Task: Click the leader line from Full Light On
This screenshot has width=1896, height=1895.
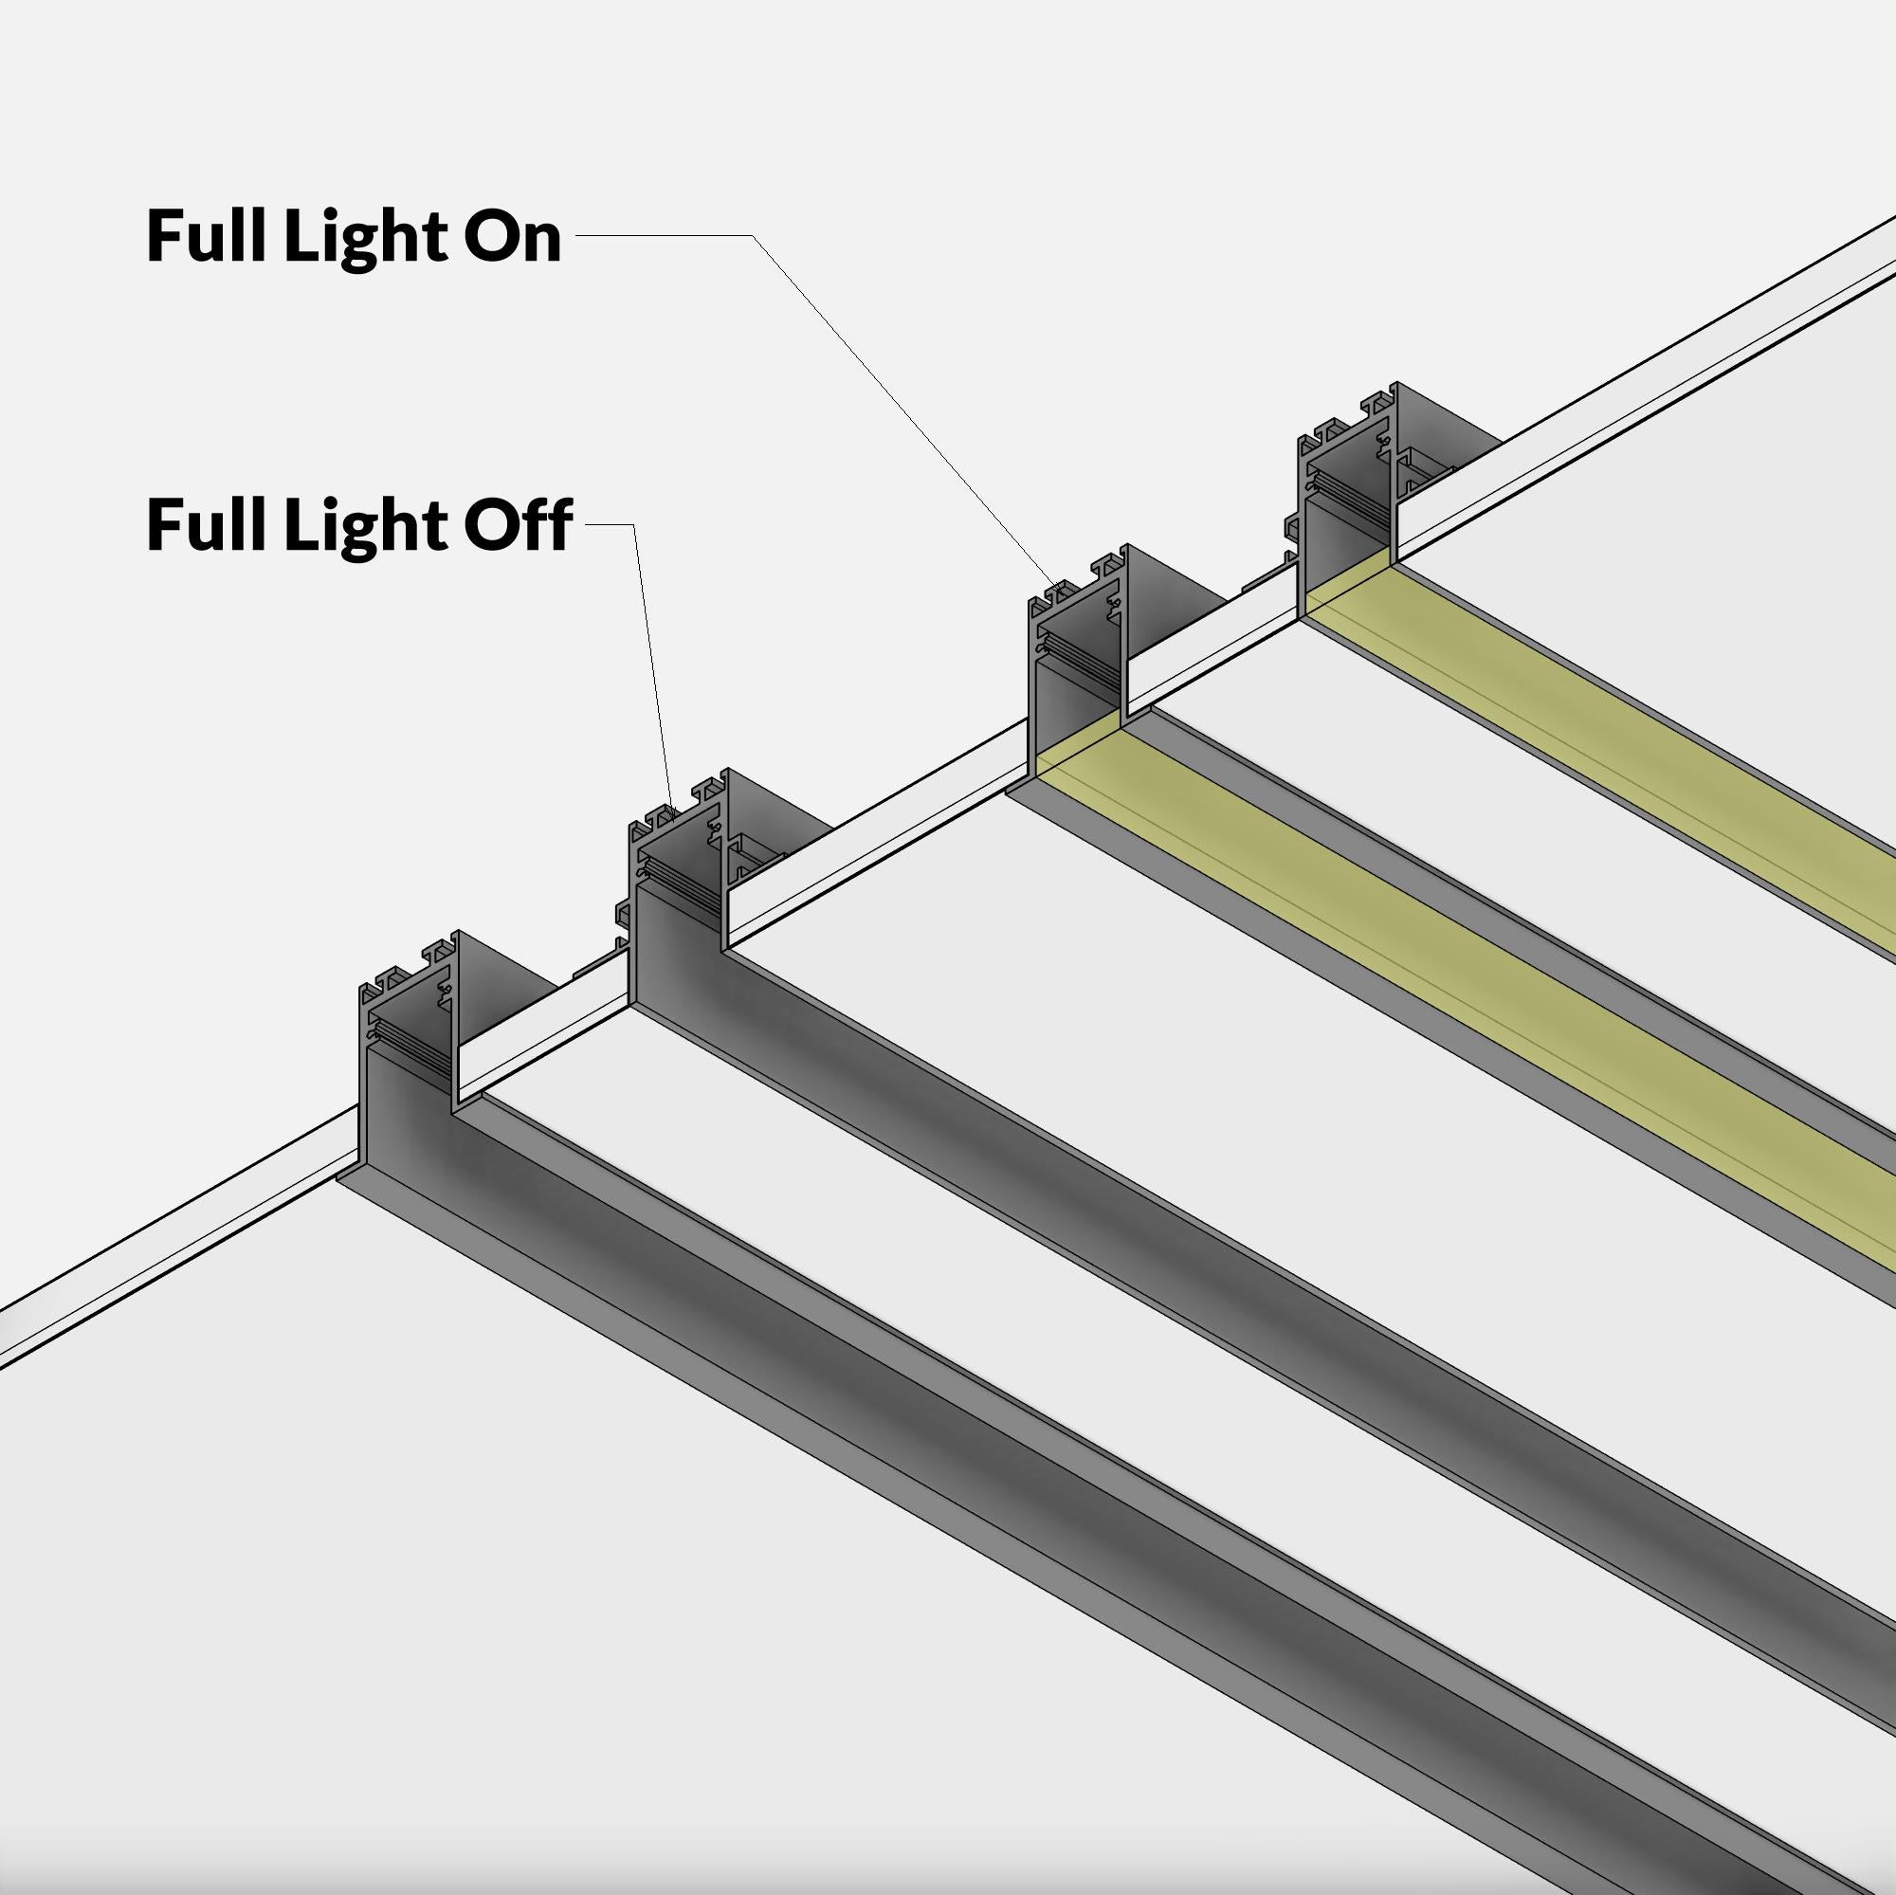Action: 884,392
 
